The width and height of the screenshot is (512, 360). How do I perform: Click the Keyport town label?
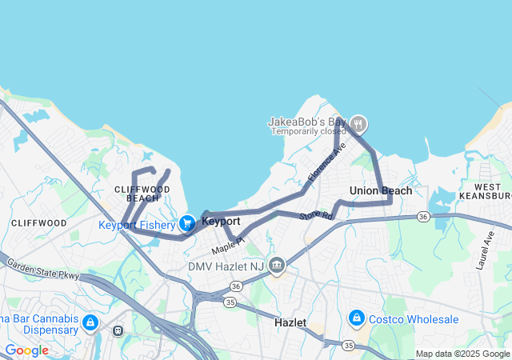[221, 220]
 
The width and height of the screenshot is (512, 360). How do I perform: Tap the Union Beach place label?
[381, 190]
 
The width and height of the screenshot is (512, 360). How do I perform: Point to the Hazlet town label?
[290, 322]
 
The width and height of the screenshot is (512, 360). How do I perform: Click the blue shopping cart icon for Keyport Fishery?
[186, 223]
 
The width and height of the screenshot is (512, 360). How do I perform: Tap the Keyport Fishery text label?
[136, 225]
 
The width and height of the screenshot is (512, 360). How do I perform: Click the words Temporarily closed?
[307, 131]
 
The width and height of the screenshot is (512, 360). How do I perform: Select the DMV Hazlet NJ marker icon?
[277, 265]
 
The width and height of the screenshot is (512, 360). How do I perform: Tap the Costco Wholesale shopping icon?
[356, 318]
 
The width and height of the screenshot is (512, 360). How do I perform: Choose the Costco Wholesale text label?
[414, 319]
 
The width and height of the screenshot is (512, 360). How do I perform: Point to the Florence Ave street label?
[327, 161]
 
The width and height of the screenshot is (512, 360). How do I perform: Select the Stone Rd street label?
[315, 217]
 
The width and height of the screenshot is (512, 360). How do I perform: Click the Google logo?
[26, 350]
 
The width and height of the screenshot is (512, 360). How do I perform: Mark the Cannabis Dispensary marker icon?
[90, 322]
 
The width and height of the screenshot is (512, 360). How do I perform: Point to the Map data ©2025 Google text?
[463, 354]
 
